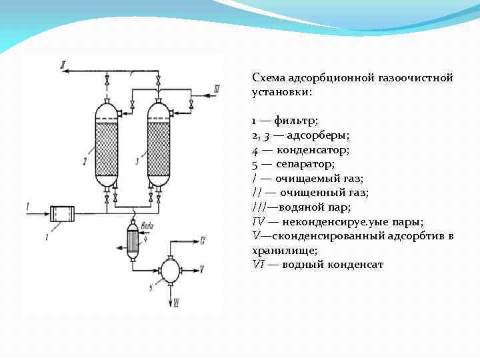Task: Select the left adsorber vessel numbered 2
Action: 107,145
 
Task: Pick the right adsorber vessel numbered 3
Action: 158,145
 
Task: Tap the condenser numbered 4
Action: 133,237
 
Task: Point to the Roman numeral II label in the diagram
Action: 63,65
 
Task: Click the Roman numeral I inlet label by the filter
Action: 27,206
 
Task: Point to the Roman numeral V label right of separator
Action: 201,269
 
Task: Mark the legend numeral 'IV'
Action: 258,221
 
